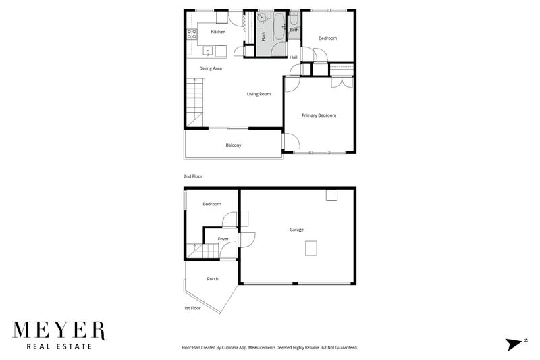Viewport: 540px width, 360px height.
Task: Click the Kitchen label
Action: (218, 32)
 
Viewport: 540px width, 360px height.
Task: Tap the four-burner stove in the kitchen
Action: (192, 34)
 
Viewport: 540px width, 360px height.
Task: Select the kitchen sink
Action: (208, 51)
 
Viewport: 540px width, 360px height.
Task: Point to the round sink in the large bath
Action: (262, 16)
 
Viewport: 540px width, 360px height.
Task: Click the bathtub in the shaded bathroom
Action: (279, 26)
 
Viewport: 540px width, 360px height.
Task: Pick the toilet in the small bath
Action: (294, 20)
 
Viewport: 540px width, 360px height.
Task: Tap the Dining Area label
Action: (211, 68)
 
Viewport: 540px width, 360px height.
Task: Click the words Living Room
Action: (259, 94)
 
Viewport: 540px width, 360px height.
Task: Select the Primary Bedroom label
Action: (319, 115)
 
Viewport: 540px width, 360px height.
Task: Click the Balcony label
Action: (234, 145)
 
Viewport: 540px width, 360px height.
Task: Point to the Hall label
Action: (294, 57)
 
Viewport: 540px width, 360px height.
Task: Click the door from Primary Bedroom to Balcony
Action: (291, 141)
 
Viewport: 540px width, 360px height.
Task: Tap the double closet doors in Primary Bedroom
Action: (342, 82)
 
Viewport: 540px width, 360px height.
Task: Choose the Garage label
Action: (296, 230)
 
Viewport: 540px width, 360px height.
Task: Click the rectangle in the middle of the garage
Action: (311, 249)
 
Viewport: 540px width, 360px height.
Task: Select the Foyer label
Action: (223, 238)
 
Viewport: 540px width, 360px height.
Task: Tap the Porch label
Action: (213, 279)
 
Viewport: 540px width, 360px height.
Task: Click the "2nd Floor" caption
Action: (193, 176)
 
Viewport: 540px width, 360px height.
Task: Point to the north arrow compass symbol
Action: (514, 344)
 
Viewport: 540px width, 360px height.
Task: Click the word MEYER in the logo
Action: (59, 330)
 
